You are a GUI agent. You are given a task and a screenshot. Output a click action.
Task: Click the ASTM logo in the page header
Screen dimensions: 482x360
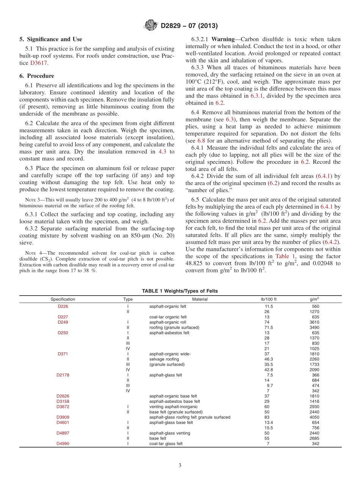pyautogui.click(x=151, y=26)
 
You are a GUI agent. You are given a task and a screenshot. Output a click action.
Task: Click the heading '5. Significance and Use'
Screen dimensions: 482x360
pyautogui.click(x=51, y=39)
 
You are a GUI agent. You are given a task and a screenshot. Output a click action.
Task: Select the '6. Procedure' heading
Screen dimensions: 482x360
pyautogui.click(x=37, y=76)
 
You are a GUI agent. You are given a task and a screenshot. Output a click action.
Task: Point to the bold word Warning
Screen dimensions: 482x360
pyautogui.click(x=224, y=39)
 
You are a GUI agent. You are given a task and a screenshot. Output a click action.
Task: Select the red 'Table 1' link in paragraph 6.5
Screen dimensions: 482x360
pyautogui.click(x=284, y=257)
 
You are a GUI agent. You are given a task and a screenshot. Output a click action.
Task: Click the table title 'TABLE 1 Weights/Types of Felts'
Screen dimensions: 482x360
pyautogui.click(x=180, y=291)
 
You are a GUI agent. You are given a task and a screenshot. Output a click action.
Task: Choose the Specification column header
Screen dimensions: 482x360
pyautogui.click(x=63, y=299)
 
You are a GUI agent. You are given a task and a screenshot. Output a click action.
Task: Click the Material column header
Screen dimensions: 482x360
pyautogui.click(x=200, y=299)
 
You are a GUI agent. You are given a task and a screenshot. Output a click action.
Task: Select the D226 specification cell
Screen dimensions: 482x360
pyautogui.click(x=63, y=306)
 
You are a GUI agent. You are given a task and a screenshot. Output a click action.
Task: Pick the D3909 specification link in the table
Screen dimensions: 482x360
pyautogui.click(x=63, y=417)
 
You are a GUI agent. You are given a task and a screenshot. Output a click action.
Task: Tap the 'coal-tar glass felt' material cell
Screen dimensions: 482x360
pyautogui.click(x=166, y=444)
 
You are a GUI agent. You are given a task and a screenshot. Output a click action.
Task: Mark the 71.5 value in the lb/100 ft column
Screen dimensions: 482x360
pyautogui.click(x=268, y=327)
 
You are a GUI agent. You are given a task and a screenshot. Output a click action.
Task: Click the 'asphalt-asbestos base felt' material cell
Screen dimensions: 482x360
pyautogui.click(x=175, y=401)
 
